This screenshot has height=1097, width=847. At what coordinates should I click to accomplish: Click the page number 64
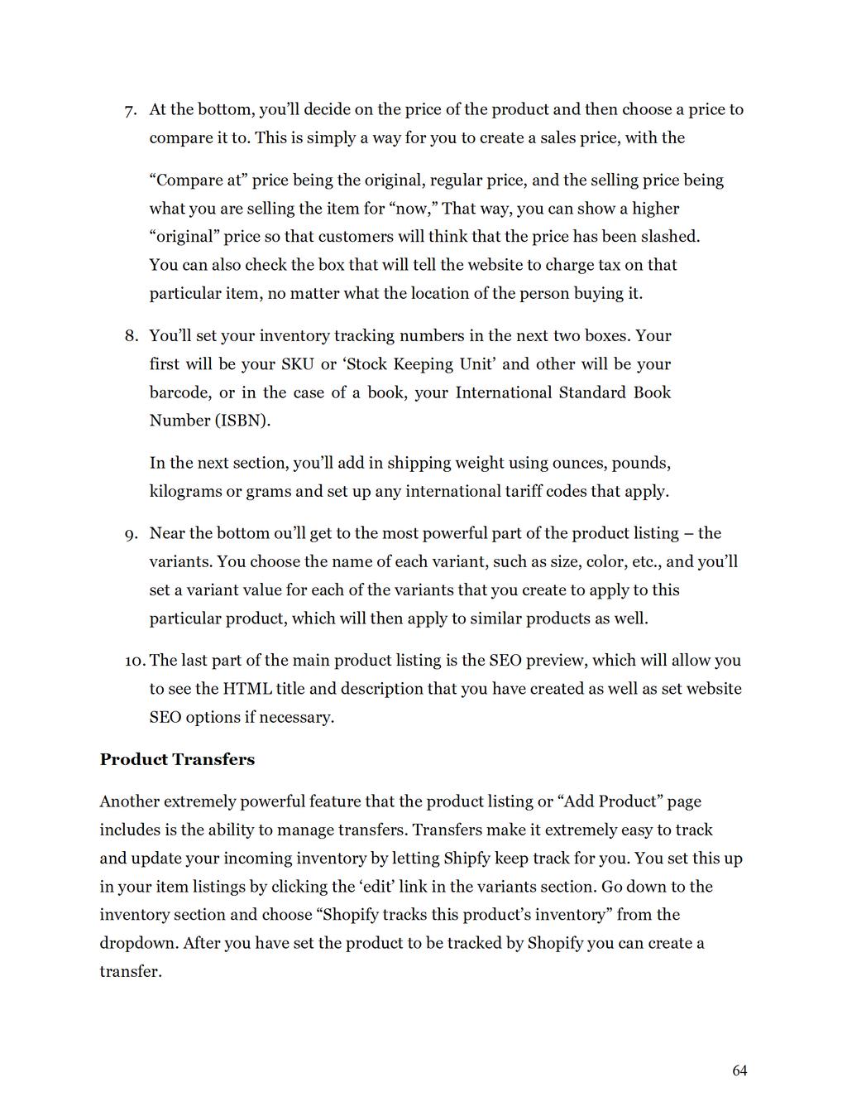tap(739, 1071)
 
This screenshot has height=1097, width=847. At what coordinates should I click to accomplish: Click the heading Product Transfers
tap(177, 759)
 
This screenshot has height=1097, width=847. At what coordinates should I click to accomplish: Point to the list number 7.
tap(130, 110)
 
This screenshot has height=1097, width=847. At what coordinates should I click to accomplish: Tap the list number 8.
tap(131, 336)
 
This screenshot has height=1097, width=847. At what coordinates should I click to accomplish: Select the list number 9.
tap(131, 534)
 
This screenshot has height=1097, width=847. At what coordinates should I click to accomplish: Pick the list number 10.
tap(135, 661)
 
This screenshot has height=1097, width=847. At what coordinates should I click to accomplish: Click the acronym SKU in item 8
tap(297, 364)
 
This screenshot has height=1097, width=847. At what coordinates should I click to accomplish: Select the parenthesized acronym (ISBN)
tap(242, 421)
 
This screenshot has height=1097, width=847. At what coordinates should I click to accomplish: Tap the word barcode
tap(179, 392)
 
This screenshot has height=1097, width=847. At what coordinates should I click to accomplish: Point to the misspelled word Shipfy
tap(467, 858)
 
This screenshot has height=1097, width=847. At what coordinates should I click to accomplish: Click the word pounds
tap(640, 463)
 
